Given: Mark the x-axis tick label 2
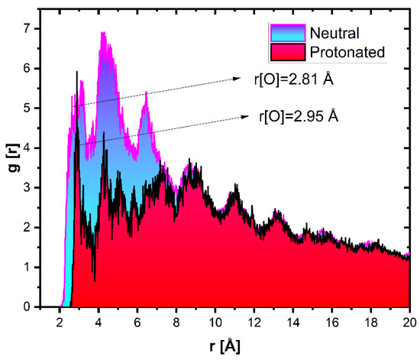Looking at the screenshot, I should pos(60,321).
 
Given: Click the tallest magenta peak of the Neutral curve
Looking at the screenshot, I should pos(102,33).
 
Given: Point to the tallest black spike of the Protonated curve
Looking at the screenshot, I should pos(77,72).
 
